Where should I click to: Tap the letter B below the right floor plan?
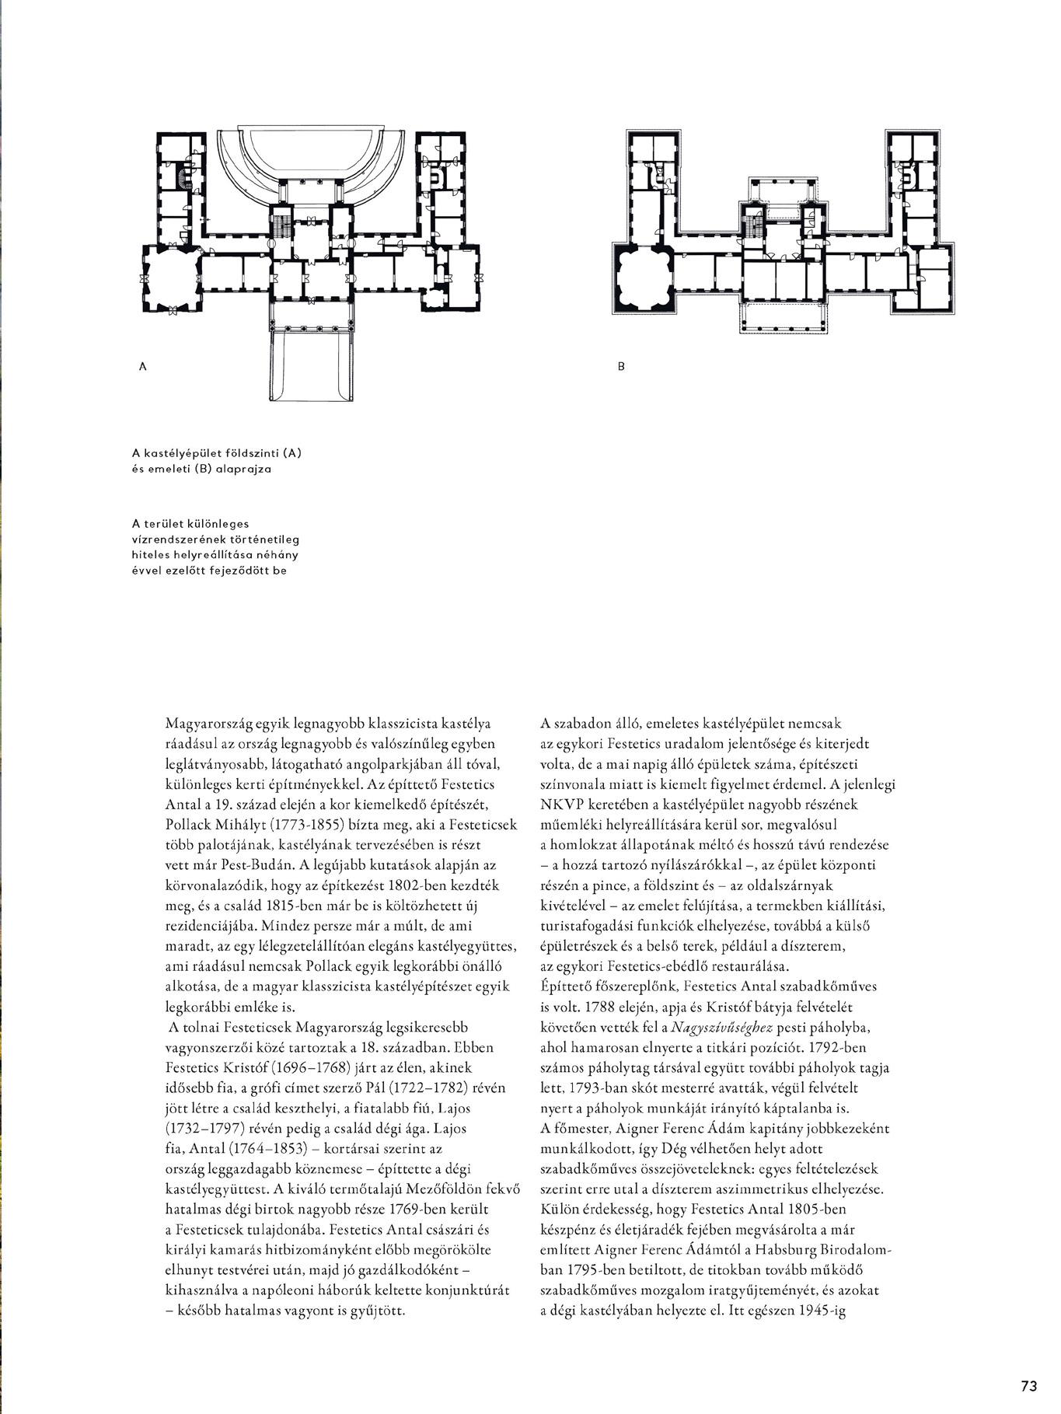click(621, 365)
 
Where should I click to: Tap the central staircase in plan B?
click(752, 229)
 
